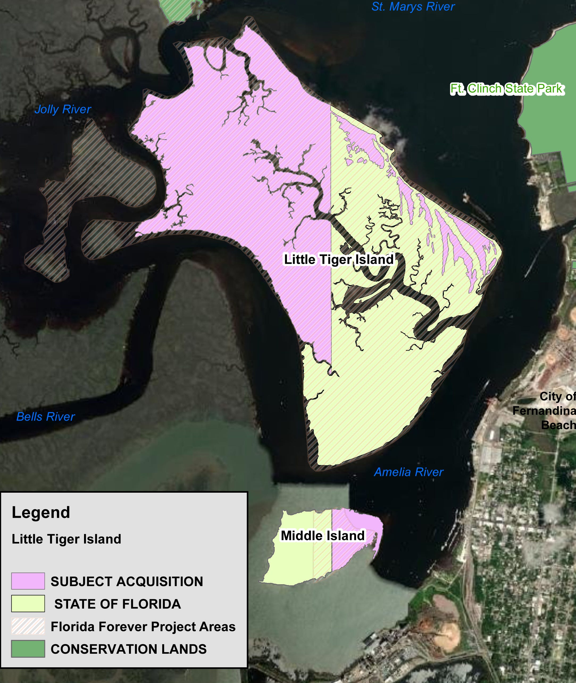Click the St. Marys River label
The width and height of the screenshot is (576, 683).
(413, 7)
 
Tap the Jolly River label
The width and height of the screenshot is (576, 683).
(63, 109)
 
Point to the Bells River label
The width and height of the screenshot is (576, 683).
(45, 417)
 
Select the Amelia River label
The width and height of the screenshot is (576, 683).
(408, 472)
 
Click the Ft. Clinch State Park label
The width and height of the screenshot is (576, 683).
(507, 89)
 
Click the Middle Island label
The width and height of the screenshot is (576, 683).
(323, 536)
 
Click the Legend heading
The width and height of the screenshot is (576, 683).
(41, 512)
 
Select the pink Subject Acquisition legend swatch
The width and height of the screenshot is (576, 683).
(28, 581)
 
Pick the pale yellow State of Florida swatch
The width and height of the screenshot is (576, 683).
(28, 604)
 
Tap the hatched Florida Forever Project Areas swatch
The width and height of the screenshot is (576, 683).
(28, 626)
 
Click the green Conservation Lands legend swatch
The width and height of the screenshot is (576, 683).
(28, 649)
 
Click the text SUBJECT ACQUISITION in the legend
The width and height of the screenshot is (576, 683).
(127, 581)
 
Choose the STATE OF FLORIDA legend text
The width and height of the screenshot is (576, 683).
(118, 604)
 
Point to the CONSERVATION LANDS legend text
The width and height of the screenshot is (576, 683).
(129, 649)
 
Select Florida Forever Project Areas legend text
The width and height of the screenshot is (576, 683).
(143, 627)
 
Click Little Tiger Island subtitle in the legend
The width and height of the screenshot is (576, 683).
(66, 539)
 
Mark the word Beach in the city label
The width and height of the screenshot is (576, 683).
(558, 425)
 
